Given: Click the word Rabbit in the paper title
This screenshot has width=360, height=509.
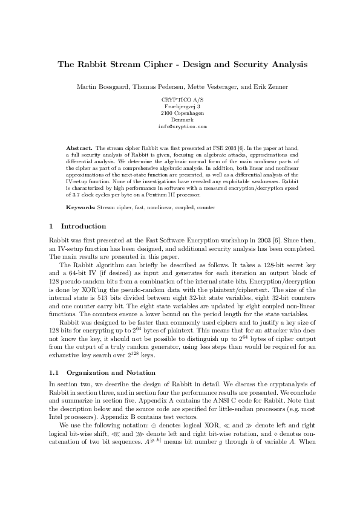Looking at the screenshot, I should click(x=93, y=63).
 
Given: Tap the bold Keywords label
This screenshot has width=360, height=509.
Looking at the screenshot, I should click(x=80, y=207).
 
